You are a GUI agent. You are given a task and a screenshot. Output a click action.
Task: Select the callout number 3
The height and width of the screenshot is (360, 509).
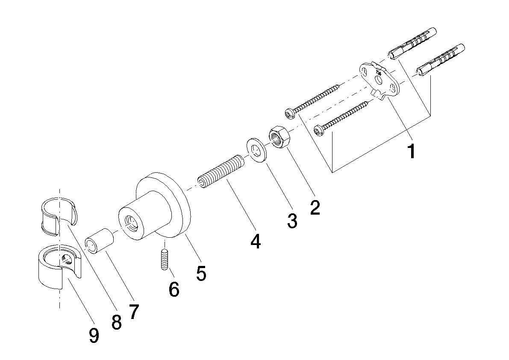292,221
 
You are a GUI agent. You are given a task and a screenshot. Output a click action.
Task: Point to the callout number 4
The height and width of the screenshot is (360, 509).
256,241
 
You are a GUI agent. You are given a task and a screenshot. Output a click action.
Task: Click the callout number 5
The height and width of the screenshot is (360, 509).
201,273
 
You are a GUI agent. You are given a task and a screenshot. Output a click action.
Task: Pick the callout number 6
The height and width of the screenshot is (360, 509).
174,289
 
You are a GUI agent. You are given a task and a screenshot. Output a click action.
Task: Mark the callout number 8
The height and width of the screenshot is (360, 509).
116,322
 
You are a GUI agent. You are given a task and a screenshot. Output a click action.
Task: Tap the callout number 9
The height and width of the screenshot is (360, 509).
94,335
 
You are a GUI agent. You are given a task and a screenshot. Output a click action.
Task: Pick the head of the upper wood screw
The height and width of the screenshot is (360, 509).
290,114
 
